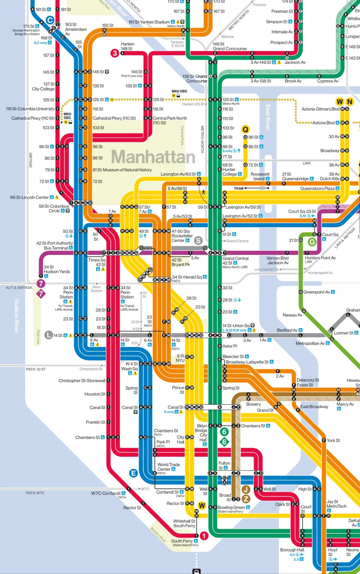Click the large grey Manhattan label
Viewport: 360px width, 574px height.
[x=153, y=157]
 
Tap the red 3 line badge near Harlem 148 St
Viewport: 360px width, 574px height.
[x=115, y=53]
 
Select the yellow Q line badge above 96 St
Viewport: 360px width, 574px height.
[x=245, y=129]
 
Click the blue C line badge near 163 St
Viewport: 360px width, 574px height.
[x=50, y=20]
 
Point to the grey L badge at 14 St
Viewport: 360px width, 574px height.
[x=49, y=335]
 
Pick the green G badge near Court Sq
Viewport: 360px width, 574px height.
[x=312, y=242]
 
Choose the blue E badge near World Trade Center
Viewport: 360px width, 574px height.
[x=133, y=473]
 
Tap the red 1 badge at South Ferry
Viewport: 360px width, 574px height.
[x=204, y=536]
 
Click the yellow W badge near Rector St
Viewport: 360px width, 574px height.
[x=202, y=505]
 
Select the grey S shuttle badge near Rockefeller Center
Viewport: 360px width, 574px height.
[x=198, y=240]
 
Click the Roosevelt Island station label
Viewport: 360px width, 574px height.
[x=260, y=176]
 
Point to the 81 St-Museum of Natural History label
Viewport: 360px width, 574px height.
[x=122, y=170]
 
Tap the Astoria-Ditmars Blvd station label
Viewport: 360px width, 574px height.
[x=320, y=109]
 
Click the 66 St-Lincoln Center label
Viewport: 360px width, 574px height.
[x=30, y=197]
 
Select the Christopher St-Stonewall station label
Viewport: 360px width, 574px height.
[x=82, y=381]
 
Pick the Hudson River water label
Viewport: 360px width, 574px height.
[x=16, y=316]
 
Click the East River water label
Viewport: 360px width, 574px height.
[x=268, y=118]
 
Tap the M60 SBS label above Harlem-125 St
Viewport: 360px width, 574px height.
[x=179, y=91]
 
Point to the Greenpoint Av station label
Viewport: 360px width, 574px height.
[x=316, y=292]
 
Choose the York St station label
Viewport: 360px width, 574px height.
[x=333, y=441]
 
